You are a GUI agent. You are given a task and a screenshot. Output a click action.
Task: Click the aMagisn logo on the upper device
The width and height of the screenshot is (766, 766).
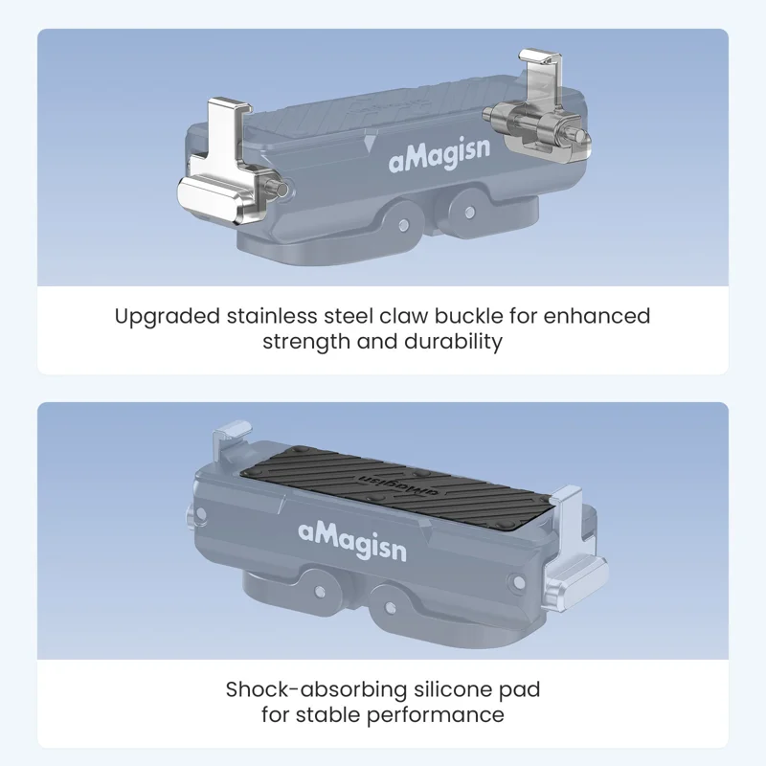tap(439, 155)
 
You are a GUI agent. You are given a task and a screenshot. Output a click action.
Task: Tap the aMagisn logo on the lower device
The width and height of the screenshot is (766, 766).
tap(352, 540)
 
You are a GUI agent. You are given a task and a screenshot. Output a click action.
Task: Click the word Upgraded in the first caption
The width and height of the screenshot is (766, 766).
tap(167, 317)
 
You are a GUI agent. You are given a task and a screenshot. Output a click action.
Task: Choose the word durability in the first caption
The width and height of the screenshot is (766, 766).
tap(453, 342)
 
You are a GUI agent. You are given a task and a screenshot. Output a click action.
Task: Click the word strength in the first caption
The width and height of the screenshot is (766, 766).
tap(306, 342)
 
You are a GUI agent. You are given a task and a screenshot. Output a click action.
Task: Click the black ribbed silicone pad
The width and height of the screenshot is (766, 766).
tap(398, 485)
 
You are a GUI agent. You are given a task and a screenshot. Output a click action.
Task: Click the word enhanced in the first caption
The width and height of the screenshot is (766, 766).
tap(597, 316)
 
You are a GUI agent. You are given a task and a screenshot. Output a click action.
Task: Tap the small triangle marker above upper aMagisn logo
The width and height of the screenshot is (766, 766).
tap(370, 143)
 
